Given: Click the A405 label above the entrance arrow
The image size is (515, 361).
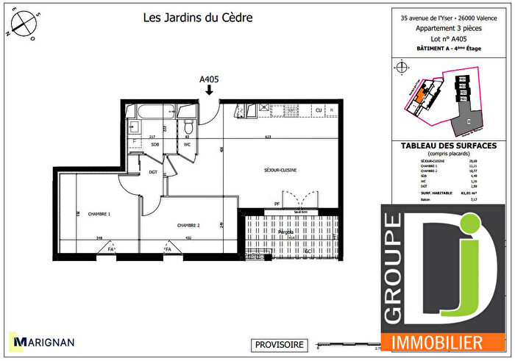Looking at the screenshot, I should click(210, 77).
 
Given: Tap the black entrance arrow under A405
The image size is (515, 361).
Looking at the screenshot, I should click(210, 90).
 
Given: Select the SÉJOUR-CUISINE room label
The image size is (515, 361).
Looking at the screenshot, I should click(280, 170).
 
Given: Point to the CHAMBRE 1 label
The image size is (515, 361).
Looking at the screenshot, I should click(99, 214).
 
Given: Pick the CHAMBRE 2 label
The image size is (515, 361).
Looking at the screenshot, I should click(189, 226).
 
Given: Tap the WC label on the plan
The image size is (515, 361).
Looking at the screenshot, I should click(187, 144).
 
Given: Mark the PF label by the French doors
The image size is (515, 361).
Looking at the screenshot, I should click(277, 204).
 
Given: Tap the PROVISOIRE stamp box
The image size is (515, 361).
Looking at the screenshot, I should click(279, 344).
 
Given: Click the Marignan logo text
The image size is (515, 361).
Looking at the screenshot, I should click(46, 343).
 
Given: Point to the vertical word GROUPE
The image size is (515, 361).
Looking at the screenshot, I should click(394, 268).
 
